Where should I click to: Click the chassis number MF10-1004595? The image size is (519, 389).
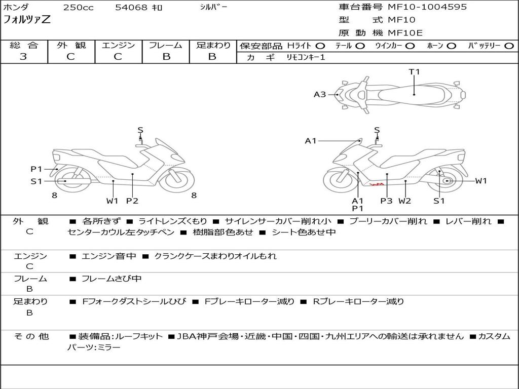point(427,7)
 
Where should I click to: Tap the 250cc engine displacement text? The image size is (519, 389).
point(78,8)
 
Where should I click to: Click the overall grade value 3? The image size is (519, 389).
point(23,57)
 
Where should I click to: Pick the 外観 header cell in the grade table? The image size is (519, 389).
point(71,45)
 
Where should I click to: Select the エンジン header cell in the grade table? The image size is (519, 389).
point(118,45)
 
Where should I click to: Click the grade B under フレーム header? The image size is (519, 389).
point(166,57)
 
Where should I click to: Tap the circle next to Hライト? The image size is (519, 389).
point(320,46)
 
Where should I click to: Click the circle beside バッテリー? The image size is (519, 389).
point(509,46)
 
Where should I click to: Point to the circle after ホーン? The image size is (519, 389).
point(452,46)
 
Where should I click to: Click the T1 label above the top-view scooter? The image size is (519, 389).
point(415,72)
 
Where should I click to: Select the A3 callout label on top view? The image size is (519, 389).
point(320,94)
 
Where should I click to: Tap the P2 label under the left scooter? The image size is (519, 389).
point(132,201)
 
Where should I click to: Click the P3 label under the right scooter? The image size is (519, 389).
point(387,201)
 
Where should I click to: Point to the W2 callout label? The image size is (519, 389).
point(404,201)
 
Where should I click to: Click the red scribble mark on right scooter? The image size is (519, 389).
point(376,184)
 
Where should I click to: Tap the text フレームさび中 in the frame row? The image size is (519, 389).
point(112,279)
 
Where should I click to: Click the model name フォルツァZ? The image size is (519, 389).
point(27,20)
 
